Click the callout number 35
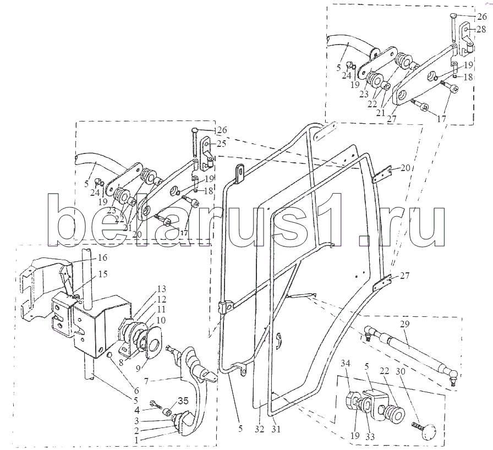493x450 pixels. (x=183, y=401)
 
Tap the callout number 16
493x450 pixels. (x=102, y=257)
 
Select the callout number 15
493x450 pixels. (x=102, y=274)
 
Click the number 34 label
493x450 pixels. (x=346, y=364)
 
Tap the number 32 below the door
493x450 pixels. (x=259, y=429)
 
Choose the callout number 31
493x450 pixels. (x=276, y=429)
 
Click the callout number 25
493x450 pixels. (x=221, y=144)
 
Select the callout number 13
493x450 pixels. (x=161, y=289)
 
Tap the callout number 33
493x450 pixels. (x=370, y=436)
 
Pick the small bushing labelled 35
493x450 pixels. (x=168, y=411)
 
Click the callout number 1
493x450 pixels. (x=136, y=441)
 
